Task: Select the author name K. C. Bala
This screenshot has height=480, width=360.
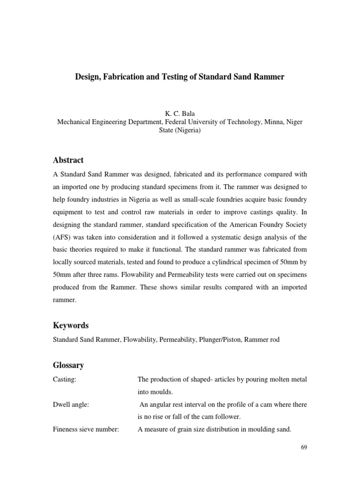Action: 180,114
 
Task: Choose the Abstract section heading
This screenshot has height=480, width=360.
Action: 68,160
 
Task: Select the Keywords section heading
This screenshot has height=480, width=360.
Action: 70,325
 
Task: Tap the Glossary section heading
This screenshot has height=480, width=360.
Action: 68,364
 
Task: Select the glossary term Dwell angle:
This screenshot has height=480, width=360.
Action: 70,404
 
